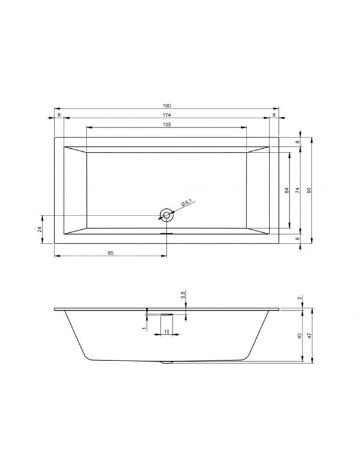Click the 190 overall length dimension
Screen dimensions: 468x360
(x=166, y=104)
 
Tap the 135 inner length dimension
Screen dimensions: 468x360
(x=166, y=124)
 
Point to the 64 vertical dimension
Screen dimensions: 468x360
(x=287, y=190)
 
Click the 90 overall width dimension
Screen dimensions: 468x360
(x=308, y=190)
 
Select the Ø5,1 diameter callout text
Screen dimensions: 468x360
(x=185, y=205)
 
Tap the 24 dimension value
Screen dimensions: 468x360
(x=40, y=229)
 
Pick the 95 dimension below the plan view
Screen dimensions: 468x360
(x=110, y=253)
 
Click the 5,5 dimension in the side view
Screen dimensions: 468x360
(x=184, y=295)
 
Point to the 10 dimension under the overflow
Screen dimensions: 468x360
(x=166, y=332)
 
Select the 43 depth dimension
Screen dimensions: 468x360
(x=298, y=337)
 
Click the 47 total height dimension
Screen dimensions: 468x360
(x=309, y=337)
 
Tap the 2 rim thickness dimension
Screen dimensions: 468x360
(x=299, y=298)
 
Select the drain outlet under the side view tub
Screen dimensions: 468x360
(x=166, y=362)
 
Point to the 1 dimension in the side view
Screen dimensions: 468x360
(x=145, y=328)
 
